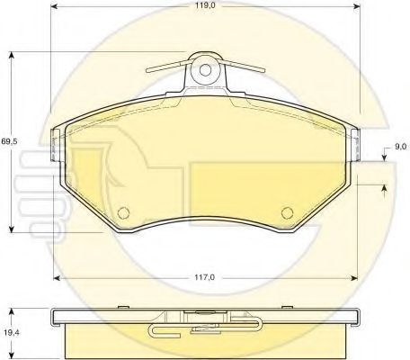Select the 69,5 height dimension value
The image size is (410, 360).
8,142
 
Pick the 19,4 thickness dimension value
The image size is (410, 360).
10,331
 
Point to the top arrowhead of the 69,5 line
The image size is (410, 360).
13,55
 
